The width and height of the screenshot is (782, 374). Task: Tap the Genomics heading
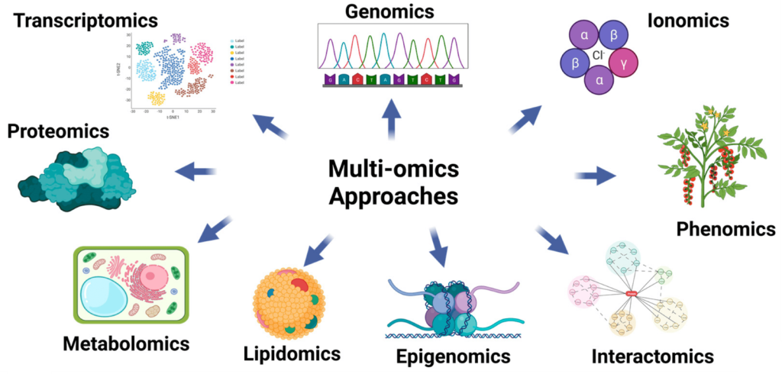pyautogui.click(x=389, y=11)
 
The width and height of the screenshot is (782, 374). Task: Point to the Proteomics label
pyautogui.click(x=58, y=131)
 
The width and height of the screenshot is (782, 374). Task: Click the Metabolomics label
pyautogui.click(x=126, y=341)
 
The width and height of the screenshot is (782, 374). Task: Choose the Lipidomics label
pyautogui.click(x=292, y=353)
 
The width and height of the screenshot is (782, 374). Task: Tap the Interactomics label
pyautogui.click(x=653, y=356)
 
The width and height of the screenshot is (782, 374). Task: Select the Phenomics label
pyautogui.click(x=725, y=228)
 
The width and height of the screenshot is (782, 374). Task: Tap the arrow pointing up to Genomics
pyautogui.click(x=391, y=118)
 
